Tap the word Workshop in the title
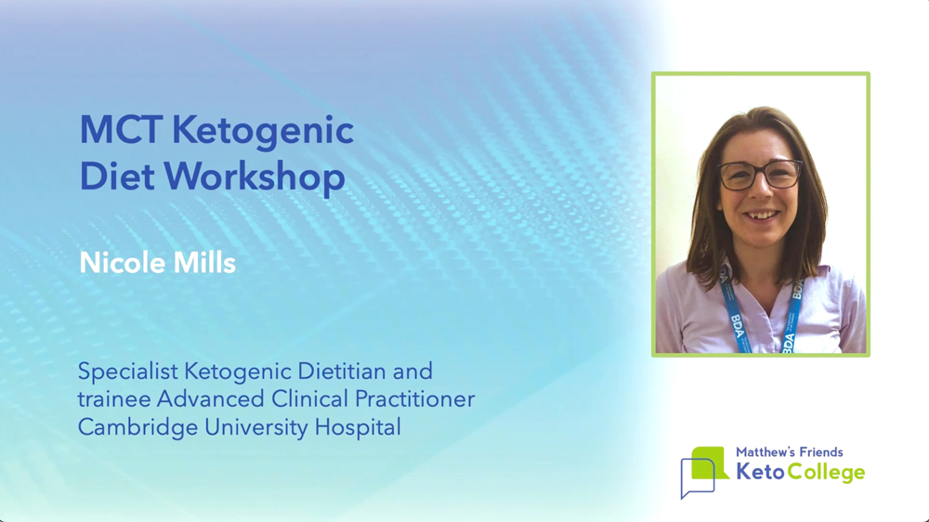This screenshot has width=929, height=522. [255, 177]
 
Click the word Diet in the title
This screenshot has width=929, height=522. [117, 176]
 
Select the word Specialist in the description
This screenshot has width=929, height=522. [128, 372]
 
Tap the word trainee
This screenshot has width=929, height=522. [113, 399]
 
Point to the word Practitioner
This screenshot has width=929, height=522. [414, 399]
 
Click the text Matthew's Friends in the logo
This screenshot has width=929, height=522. [789, 452]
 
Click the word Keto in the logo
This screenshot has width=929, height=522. [761, 472]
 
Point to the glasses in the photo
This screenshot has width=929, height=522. [759, 175]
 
